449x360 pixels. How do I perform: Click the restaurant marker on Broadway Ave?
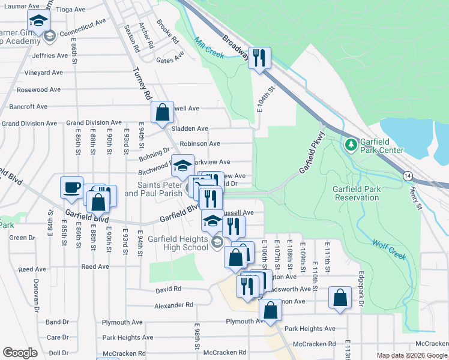click(259, 58)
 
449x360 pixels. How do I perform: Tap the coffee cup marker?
click(72, 187)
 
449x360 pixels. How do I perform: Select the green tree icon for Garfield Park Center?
click(351, 145)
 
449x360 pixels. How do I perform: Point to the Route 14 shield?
click(408, 176)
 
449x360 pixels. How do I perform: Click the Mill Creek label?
click(209, 49)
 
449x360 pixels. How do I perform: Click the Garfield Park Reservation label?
click(357, 193)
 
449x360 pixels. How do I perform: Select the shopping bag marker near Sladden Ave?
click(162, 112)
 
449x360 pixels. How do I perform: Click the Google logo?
click(20, 353)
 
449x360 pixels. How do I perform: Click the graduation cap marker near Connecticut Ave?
click(39, 23)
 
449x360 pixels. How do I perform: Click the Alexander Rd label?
click(173, 305)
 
